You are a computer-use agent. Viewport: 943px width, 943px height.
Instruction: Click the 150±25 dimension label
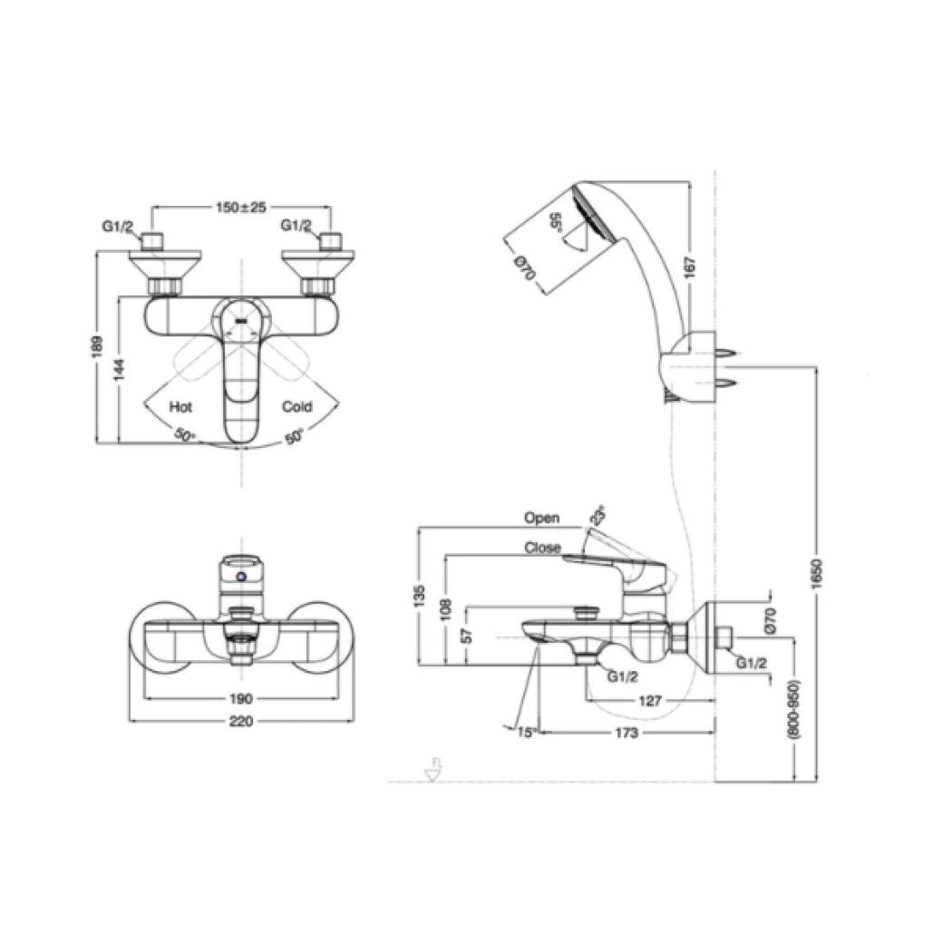point(240,208)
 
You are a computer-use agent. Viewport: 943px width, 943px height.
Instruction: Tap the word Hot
point(180,407)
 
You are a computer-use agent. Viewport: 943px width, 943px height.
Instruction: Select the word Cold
point(297,407)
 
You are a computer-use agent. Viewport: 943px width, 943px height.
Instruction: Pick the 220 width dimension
point(240,722)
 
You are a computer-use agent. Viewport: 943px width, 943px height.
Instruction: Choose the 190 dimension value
point(240,699)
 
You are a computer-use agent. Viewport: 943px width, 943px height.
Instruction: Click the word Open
point(541,519)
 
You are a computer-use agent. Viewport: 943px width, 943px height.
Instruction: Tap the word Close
point(542,548)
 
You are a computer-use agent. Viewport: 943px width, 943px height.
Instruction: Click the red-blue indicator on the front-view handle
point(240,578)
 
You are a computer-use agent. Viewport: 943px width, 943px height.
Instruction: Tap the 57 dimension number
point(467,636)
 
